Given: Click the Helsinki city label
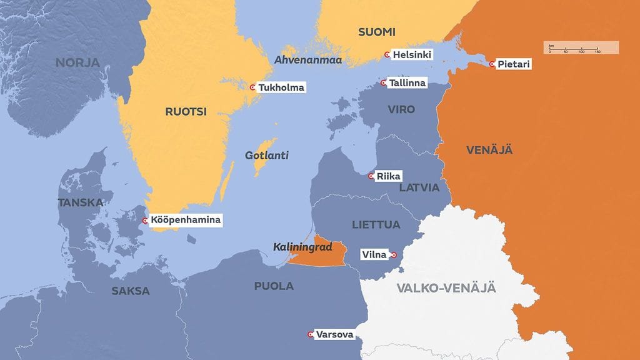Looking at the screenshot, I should click(412, 55).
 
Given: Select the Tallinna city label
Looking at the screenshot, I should click(407, 83).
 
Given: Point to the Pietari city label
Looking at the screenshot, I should click(514, 64).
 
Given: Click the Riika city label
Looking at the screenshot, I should click(388, 176).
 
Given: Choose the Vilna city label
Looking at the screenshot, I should click(375, 254).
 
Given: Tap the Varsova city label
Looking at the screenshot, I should click(334, 334).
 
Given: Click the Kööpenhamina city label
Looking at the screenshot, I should click(186, 220).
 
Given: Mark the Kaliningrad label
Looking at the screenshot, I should click(302, 247).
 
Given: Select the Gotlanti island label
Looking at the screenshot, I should click(267, 155).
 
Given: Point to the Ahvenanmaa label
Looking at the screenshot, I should click(307, 60).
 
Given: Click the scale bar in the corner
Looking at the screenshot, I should click(581, 47).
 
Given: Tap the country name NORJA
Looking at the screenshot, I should click(77, 62).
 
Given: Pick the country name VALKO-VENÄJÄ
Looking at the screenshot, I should click(446, 288).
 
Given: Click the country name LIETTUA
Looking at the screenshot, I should click(376, 224).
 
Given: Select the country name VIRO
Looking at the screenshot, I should click(401, 110).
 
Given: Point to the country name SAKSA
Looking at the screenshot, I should click(131, 291).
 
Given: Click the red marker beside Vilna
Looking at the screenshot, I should click(394, 255).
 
